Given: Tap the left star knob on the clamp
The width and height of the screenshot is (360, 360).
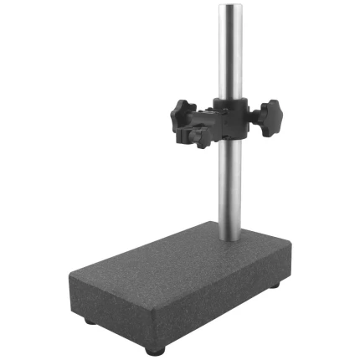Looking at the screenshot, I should coord(182,114).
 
